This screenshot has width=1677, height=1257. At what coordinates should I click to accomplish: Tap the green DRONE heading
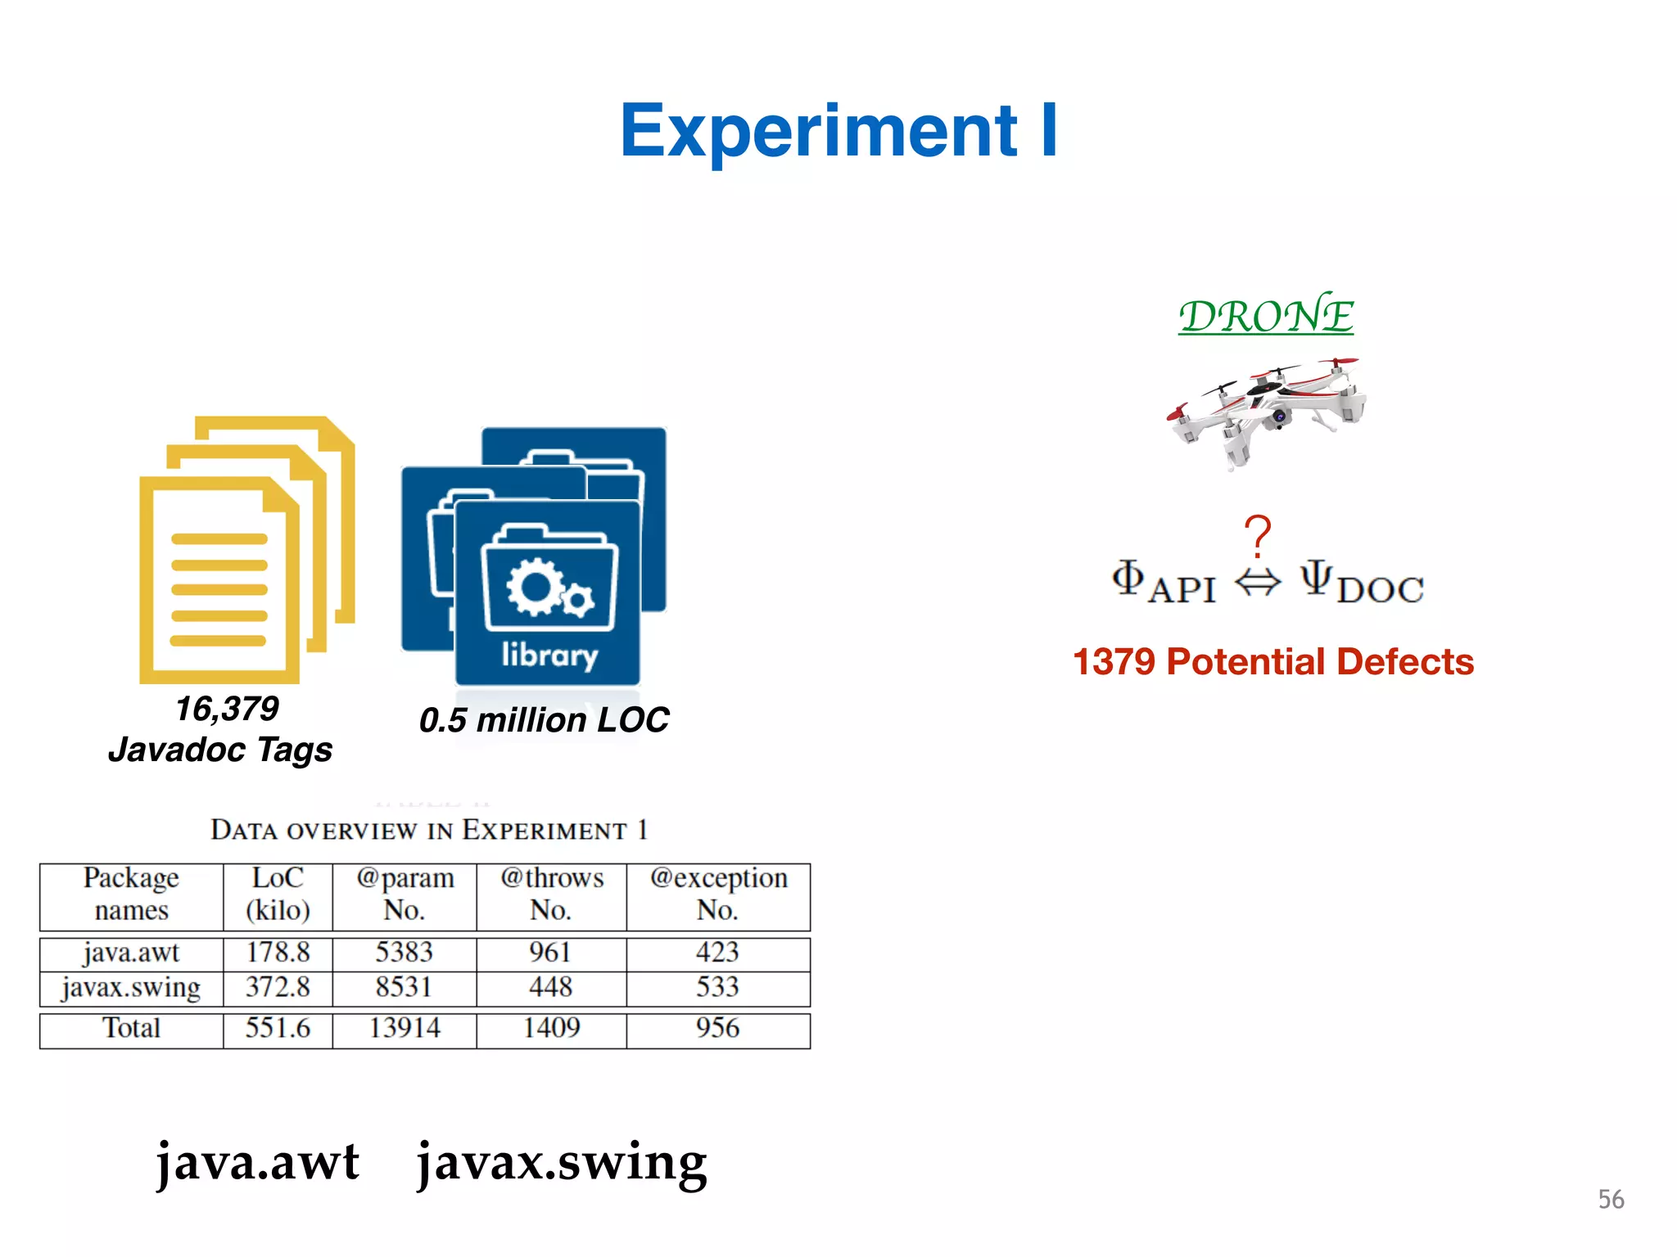click(x=1266, y=317)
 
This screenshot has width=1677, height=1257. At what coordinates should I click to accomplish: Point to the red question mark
click(x=1257, y=537)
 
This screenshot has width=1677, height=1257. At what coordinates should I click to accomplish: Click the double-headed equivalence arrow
click(x=1257, y=583)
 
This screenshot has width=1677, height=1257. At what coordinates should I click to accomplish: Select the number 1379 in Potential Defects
click(x=1114, y=662)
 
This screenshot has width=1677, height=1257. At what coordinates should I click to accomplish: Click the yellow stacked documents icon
click(x=246, y=548)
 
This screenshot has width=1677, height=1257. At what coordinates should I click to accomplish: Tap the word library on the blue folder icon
click(x=549, y=655)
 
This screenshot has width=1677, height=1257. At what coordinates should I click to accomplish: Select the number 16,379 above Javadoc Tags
click(x=227, y=709)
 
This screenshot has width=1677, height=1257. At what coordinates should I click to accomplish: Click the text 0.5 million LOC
click(x=544, y=720)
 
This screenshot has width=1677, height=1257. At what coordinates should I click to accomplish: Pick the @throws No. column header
click(x=552, y=894)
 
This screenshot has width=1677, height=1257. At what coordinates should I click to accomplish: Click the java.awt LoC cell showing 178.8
click(x=278, y=953)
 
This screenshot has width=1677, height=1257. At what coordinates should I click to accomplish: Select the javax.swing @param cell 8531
click(x=404, y=987)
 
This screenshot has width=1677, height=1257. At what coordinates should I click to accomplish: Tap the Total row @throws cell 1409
click(x=552, y=1028)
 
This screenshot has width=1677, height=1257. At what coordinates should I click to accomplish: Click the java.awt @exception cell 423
click(x=718, y=953)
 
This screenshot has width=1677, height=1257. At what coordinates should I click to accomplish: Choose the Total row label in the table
click(x=131, y=1028)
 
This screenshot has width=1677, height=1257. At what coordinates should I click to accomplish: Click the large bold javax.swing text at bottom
click(x=562, y=1162)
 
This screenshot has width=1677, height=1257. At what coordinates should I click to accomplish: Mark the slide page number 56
click(x=1611, y=1200)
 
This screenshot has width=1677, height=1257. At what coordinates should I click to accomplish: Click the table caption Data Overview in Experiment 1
click(x=429, y=830)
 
